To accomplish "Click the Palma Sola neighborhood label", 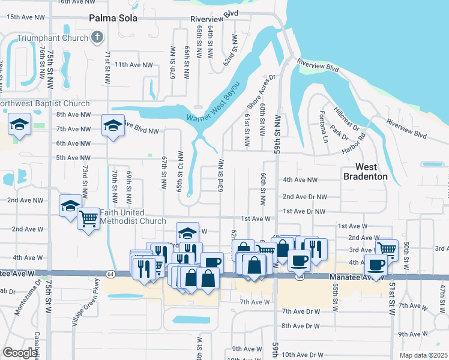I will [113, 19].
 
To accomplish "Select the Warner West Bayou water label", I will [217, 103].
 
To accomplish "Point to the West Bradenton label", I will [364, 172].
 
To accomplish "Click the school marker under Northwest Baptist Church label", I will [19, 125].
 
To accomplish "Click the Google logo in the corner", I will [20, 352].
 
